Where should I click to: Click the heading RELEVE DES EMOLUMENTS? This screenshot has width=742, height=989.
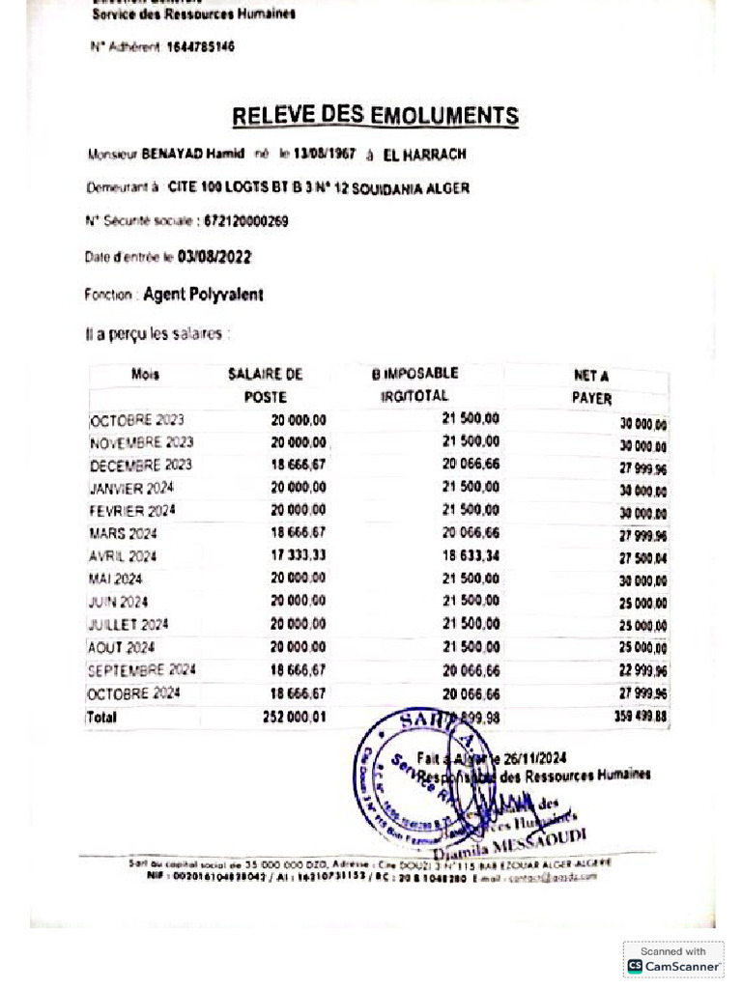[375, 117]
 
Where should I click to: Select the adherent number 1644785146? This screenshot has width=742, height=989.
[200, 46]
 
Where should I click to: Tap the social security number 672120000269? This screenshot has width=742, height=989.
[245, 221]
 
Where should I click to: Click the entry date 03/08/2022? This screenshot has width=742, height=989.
[214, 257]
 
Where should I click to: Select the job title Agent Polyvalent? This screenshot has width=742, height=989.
[203, 295]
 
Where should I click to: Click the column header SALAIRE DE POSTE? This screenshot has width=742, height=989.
[266, 385]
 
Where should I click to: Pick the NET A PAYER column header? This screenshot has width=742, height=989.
[591, 386]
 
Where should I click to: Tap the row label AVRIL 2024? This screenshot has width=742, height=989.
[123, 556]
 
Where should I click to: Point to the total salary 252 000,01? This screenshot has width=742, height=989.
[294, 718]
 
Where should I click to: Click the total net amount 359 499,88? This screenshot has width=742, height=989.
[640, 718]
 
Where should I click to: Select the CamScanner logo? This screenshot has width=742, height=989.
[673, 960]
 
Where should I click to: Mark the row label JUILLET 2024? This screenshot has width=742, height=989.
[128, 625]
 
